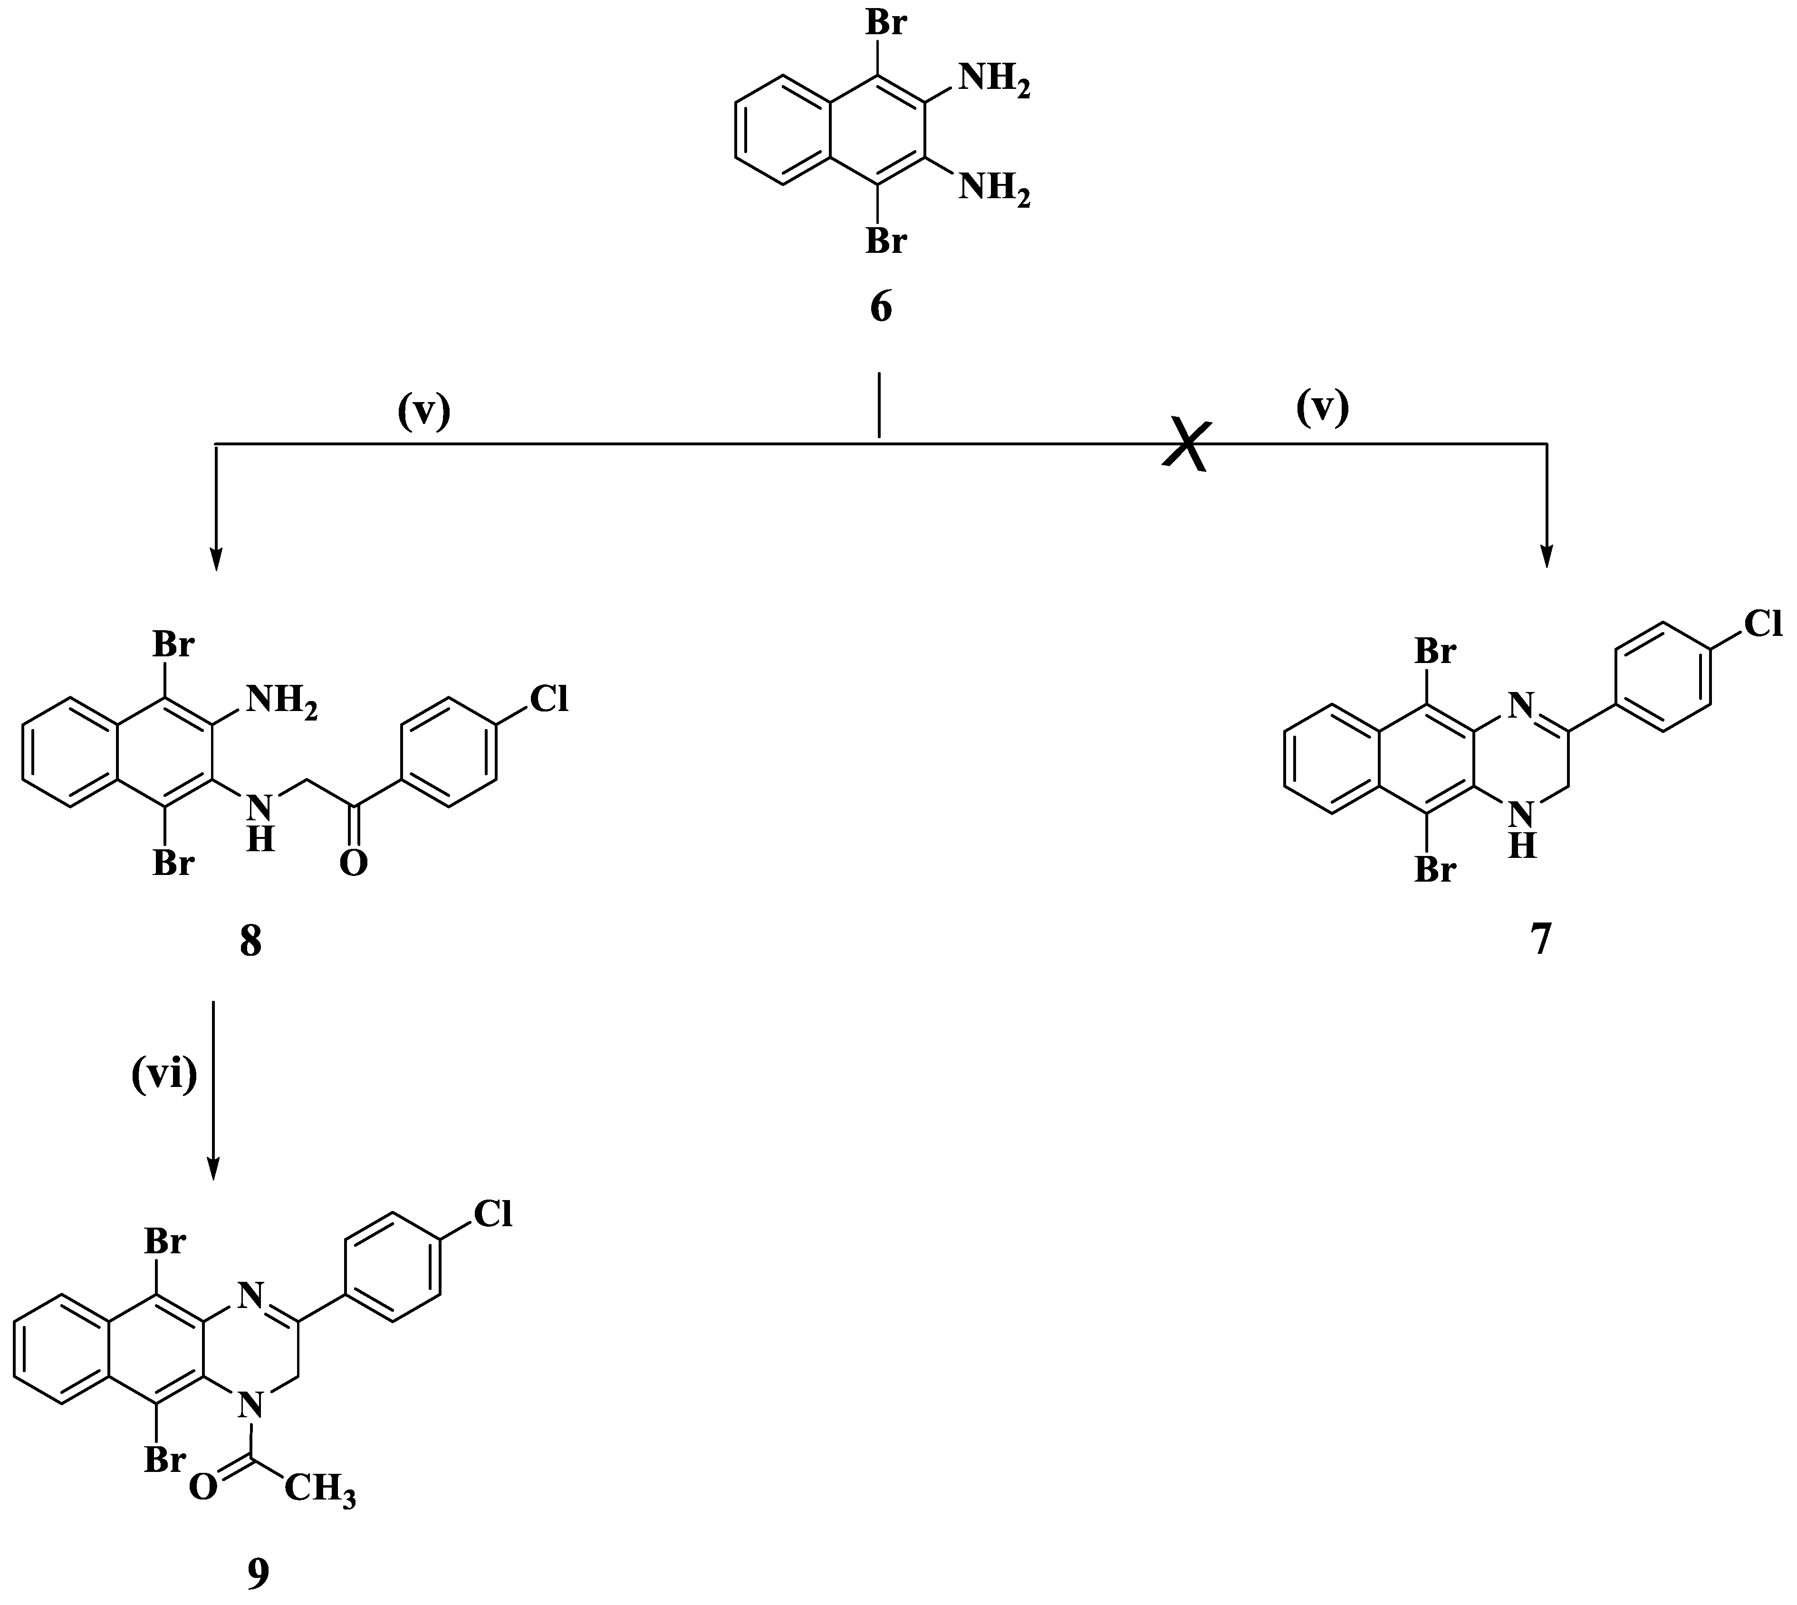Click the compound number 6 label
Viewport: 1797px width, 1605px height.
tap(881, 308)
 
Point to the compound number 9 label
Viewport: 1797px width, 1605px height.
tap(258, 1572)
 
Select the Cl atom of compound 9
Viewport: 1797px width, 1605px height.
tap(493, 1214)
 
